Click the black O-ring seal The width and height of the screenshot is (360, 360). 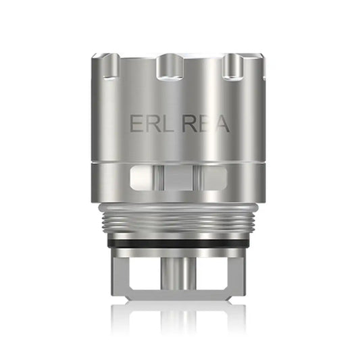pyautogui.click(x=180, y=234)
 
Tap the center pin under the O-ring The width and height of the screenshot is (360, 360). pyautogui.click(x=180, y=270)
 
